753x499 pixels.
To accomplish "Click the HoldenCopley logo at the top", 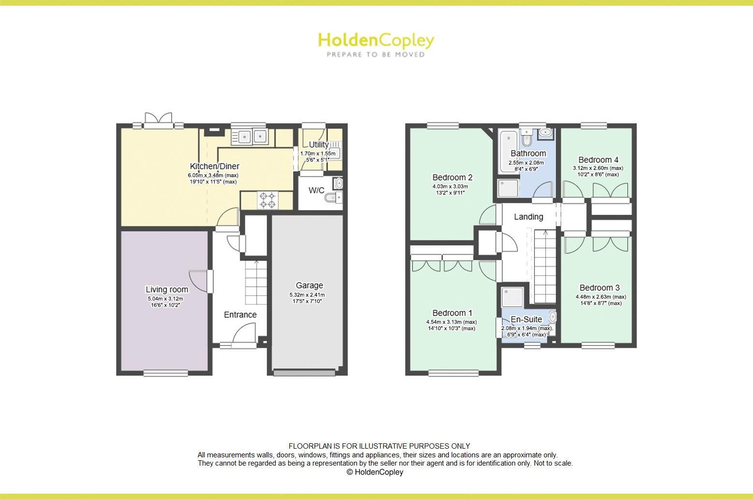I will tap(375, 41).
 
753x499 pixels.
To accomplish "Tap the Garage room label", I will tap(309, 286).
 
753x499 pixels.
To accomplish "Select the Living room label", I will tap(167, 289).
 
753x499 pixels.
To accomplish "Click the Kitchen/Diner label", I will tap(214, 166).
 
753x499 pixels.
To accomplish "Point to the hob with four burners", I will tap(268, 200).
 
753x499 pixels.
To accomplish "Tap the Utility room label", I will tap(319, 144).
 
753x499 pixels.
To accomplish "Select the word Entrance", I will tap(240, 315).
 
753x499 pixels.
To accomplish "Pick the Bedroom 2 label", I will tap(452, 177).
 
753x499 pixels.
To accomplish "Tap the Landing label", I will tap(528, 217).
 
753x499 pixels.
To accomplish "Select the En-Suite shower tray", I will tap(512, 296).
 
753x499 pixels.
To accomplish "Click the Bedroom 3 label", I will tap(599, 287).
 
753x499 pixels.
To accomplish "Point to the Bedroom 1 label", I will tap(452, 313).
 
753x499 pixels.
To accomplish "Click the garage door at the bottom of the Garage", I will tap(304, 373).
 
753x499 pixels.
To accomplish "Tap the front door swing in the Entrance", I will tap(245, 334).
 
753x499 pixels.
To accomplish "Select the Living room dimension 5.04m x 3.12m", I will tap(166, 299).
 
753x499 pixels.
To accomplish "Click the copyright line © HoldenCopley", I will tap(375, 472).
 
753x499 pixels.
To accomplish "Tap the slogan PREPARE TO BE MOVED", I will tap(376, 55).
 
